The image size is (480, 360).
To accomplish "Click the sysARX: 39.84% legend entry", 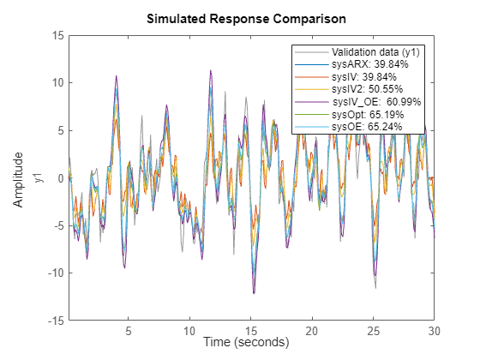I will [x=363, y=63].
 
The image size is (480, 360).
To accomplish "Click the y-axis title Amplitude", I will [x=19, y=178].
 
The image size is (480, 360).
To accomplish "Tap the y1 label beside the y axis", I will [x=37, y=178].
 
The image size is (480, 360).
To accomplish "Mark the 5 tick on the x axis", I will [x=128, y=330].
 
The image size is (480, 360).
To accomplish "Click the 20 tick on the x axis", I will [x=312, y=330].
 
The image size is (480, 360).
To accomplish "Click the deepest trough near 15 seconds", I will [x=253, y=294].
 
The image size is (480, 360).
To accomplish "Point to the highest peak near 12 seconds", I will [x=210, y=70].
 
